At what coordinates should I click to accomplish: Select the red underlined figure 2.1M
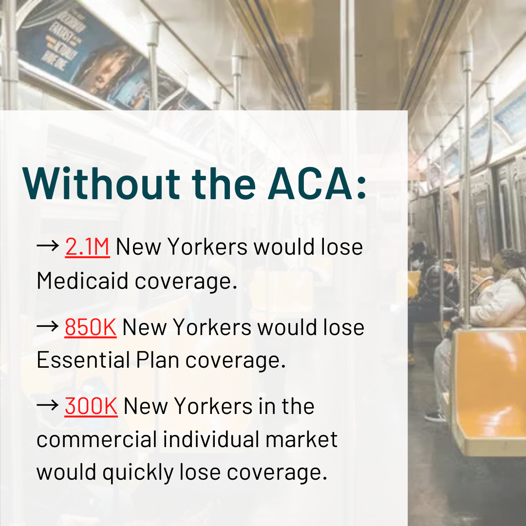(87, 247)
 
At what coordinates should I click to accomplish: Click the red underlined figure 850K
(90, 327)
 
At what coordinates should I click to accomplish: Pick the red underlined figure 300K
(91, 407)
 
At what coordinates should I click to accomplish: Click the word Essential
(82, 360)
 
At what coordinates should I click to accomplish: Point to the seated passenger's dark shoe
(436, 417)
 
